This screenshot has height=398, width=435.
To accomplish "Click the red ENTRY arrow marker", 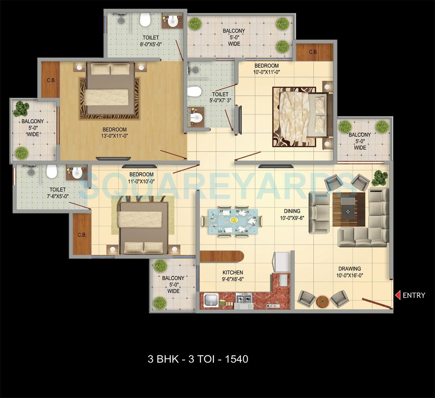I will pos(398,295).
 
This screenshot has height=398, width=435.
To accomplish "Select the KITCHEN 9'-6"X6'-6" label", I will pos(233,276).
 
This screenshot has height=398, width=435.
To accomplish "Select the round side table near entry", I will pos(322,301).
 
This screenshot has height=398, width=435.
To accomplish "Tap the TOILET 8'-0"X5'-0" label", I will pos(150,41).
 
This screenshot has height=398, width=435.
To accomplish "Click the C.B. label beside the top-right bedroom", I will pos(314,52).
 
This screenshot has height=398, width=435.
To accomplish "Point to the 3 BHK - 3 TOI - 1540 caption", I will pos(198,359).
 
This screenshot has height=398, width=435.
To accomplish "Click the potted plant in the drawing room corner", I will pos(379,177).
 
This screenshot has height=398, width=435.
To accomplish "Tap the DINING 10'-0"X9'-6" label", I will pos(292,215).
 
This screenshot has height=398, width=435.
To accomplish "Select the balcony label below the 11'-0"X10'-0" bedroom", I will pos(173,284).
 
